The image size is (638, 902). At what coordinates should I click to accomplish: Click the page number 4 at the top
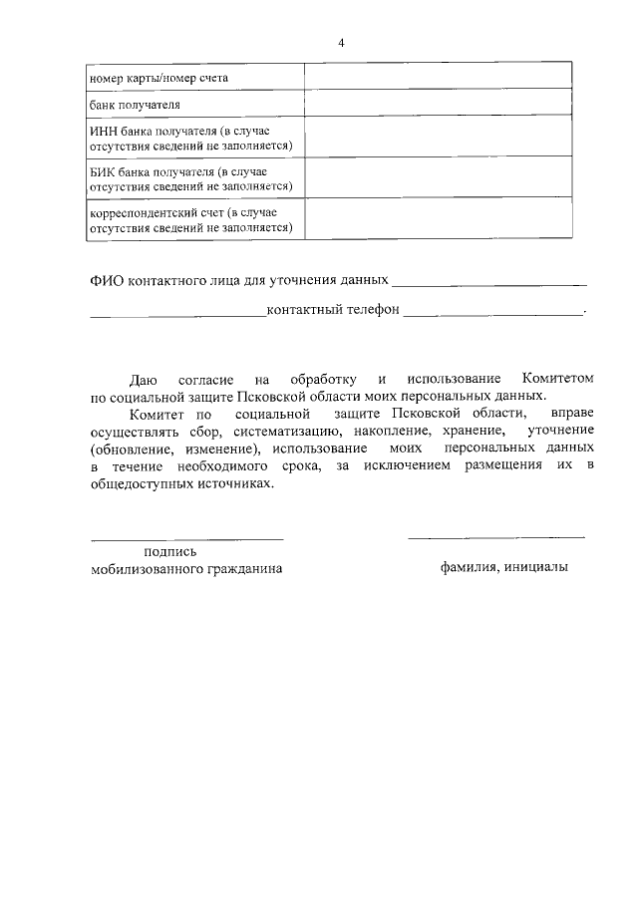pyautogui.click(x=341, y=43)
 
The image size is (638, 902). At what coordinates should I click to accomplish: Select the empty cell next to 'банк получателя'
pyautogui.click(x=438, y=104)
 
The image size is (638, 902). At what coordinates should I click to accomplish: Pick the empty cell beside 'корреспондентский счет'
pyautogui.click(x=438, y=219)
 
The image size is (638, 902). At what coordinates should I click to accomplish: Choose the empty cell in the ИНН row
pyautogui.click(x=438, y=138)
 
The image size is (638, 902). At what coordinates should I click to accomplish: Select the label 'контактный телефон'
pyautogui.click(x=333, y=310)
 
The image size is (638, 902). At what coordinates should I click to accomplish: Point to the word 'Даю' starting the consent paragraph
pyautogui.click(x=144, y=379)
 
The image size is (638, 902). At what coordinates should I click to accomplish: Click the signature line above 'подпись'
pyautogui.click(x=187, y=538)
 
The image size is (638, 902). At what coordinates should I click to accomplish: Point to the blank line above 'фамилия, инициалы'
pyautogui.click(x=496, y=538)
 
